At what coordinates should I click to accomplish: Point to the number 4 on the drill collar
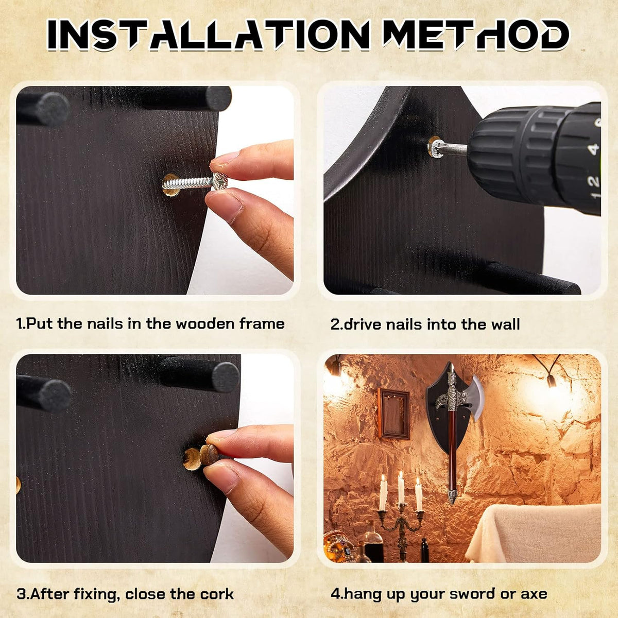[x=594, y=149]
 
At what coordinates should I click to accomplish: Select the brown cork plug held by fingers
[x=210, y=454]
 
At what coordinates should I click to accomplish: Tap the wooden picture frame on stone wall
[x=394, y=414]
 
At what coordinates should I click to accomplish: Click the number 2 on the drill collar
[x=594, y=181]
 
